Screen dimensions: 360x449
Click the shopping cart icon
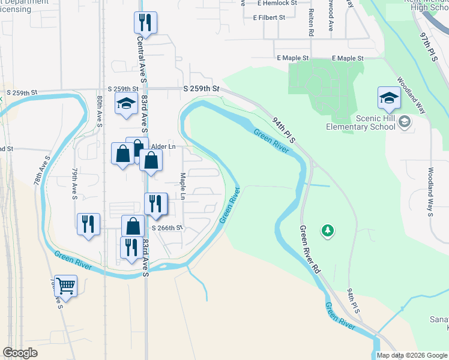click(x=65, y=286)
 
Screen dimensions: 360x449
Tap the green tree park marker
click(x=327, y=230)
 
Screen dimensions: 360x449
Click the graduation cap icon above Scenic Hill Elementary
click(x=389, y=98)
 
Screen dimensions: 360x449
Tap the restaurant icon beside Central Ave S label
click(x=145, y=23)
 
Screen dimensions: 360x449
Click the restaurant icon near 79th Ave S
click(x=89, y=224)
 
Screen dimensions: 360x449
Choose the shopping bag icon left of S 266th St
click(x=133, y=227)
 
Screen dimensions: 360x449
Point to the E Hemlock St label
click(x=277, y=3)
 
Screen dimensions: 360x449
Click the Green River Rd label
click(x=310, y=248)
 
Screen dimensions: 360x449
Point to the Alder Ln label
click(x=163, y=146)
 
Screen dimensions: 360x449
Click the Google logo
click(x=20, y=353)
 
